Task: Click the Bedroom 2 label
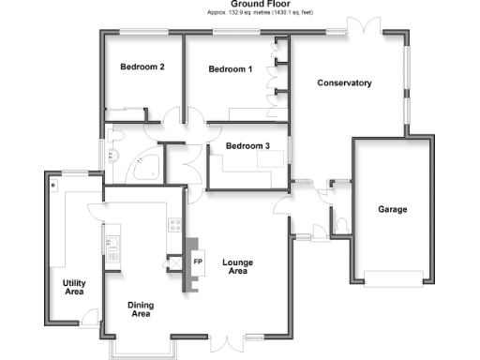click(x=142, y=67)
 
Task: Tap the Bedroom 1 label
click(x=231, y=69)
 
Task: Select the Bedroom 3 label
click(x=248, y=145)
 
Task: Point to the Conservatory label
click(x=344, y=83)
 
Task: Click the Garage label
click(x=392, y=209)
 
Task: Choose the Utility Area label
click(x=74, y=288)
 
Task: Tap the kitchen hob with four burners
click(x=173, y=225)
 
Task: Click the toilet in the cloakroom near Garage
click(x=340, y=224)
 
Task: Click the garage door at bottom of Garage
click(x=393, y=278)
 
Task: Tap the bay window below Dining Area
click(x=140, y=350)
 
